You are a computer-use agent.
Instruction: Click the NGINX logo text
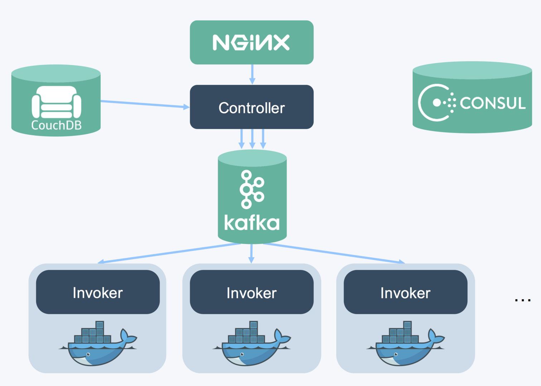point(251,43)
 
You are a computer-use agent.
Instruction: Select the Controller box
point(252,107)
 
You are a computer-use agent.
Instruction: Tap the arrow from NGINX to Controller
point(252,74)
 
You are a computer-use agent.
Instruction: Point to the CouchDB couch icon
point(57,102)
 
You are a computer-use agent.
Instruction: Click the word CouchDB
point(57,125)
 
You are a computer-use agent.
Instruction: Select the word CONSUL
point(493,103)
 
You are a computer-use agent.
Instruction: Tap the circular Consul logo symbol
point(436,103)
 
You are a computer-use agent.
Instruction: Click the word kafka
point(252,223)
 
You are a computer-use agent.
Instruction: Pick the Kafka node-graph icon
point(252,189)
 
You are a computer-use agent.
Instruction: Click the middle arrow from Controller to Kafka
point(252,139)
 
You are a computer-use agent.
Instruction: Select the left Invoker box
point(98,292)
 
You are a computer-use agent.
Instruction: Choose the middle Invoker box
point(252,292)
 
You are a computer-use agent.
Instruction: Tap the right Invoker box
point(405,292)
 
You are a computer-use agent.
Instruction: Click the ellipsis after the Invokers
point(522,300)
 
